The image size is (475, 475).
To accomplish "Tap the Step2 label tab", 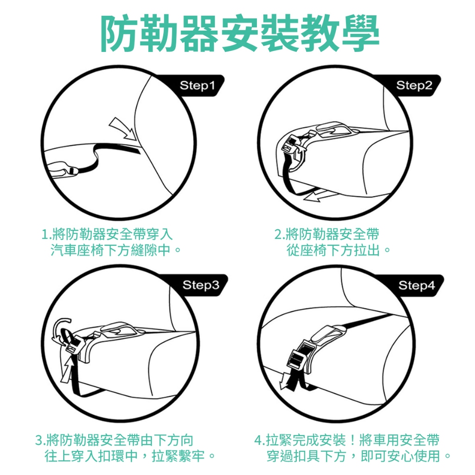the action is (414, 85).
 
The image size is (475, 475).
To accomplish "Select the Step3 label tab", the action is (200, 285).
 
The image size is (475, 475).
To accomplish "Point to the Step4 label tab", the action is (417, 285).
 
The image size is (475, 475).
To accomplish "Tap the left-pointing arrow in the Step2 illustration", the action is (321, 195).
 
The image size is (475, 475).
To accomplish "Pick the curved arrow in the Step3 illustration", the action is (61, 329).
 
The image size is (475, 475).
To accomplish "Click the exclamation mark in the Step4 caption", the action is (353, 440).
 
